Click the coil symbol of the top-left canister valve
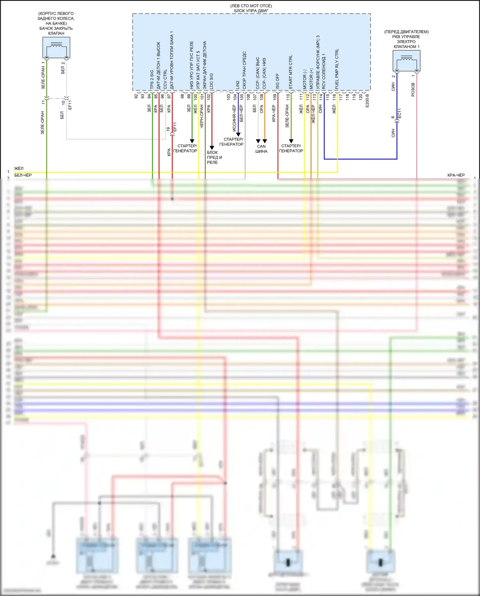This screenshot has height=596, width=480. click(x=57, y=45)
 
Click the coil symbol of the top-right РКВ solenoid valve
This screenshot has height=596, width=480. click(x=406, y=58)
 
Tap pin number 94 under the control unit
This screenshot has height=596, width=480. click(x=149, y=96)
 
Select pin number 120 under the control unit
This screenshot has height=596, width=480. click(x=361, y=96)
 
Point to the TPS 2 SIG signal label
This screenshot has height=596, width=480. click(x=152, y=79)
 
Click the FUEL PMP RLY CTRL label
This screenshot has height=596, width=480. click(x=337, y=69)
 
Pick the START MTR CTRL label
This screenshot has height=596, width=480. click(x=291, y=72)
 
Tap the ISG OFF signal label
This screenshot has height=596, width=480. click(x=277, y=81)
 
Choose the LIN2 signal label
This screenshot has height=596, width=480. click(x=238, y=85)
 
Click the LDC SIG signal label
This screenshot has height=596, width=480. click(x=211, y=81)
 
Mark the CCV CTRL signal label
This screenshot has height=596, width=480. click(x=165, y=79)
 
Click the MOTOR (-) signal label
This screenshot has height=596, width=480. click(x=304, y=79)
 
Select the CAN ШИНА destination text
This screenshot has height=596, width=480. click(x=261, y=149)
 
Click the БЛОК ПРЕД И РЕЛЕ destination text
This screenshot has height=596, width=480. click(x=214, y=157)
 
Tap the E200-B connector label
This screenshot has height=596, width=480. click(x=367, y=101)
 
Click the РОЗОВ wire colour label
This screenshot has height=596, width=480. click(x=413, y=90)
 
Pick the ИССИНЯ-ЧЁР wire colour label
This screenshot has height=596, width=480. click(x=234, y=118)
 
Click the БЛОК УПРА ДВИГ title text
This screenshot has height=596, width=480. click(x=251, y=11)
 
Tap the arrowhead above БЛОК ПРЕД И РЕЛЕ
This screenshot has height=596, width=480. click(x=212, y=148)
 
